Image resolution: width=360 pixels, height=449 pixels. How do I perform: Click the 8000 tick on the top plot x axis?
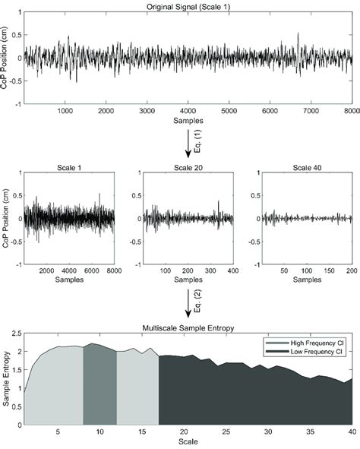[350, 112]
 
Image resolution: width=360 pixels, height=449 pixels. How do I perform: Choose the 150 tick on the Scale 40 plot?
[329, 270]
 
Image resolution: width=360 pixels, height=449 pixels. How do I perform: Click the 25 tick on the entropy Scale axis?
[226, 432]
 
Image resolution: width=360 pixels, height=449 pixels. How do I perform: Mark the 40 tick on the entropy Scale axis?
[352, 432]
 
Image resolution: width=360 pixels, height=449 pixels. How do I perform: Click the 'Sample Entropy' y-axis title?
[7, 378]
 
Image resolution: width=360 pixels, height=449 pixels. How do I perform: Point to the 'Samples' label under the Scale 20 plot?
[187, 280]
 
